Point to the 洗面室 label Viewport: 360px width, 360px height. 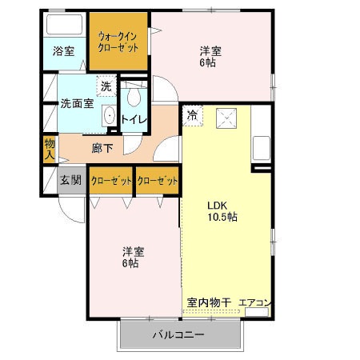(x=77, y=103)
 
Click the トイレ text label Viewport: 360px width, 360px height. (x=134, y=119)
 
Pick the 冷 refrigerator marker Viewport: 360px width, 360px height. (x=192, y=114)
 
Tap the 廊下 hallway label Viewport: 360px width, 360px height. (x=102, y=147)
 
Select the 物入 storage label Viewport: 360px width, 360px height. (x=49, y=148)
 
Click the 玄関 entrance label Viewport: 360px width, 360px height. (x=70, y=181)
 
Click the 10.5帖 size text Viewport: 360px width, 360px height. (x=222, y=217)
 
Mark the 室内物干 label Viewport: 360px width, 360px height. (x=209, y=302)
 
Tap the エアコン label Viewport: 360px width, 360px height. (x=256, y=302)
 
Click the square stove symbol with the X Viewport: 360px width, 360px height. (x=230, y=118)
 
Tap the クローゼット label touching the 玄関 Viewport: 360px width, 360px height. (x=110, y=181)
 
